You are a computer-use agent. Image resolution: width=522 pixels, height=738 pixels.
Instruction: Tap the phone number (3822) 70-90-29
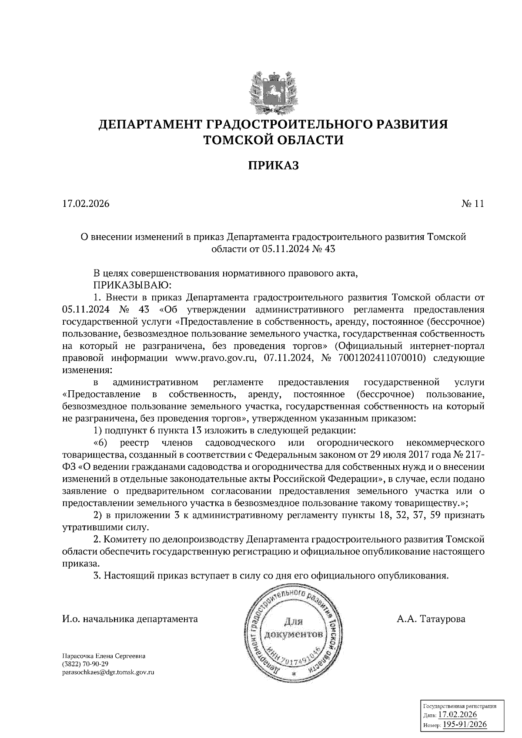(85, 664)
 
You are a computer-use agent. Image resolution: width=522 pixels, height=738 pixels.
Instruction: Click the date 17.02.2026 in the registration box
(458, 715)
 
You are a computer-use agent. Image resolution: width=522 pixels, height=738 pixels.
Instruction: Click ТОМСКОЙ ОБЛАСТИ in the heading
(274, 140)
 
